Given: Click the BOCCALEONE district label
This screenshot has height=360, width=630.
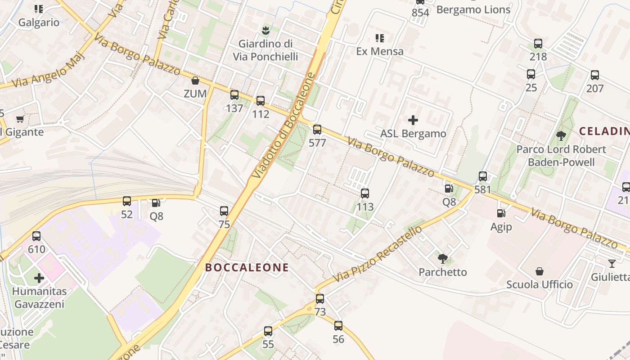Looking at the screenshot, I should click(247, 268).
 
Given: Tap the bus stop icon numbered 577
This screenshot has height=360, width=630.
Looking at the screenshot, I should click(317, 130).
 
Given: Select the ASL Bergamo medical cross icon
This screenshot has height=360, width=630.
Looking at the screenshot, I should click(413, 120).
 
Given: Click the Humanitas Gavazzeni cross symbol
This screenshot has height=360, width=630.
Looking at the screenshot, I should click(39, 278).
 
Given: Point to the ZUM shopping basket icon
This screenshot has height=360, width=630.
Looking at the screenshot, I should click(195, 81).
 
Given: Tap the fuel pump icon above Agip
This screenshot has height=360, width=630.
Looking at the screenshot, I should click(500, 213).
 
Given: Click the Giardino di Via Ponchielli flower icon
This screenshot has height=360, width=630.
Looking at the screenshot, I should click(265, 31).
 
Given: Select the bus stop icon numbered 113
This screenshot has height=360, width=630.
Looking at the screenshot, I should click(365, 194).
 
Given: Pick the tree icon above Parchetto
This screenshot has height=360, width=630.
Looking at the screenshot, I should click(443, 258).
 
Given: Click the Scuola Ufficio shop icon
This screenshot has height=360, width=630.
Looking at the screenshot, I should click(539, 271).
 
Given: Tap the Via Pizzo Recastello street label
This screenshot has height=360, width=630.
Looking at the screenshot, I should click(378, 254).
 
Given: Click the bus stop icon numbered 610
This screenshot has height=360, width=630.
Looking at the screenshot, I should click(36, 236).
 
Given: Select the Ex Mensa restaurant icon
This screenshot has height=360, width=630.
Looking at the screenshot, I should click(380, 38).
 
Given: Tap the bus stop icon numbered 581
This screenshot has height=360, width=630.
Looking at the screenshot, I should click(483, 176).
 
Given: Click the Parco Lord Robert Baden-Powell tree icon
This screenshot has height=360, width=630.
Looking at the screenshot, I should click(561, 135).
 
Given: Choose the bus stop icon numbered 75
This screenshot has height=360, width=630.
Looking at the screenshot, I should click(224, 211).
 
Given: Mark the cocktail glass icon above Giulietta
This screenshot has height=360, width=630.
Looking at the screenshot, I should click(612, 264).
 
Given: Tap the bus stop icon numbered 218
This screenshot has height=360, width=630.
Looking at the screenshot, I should click(538, 44).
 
